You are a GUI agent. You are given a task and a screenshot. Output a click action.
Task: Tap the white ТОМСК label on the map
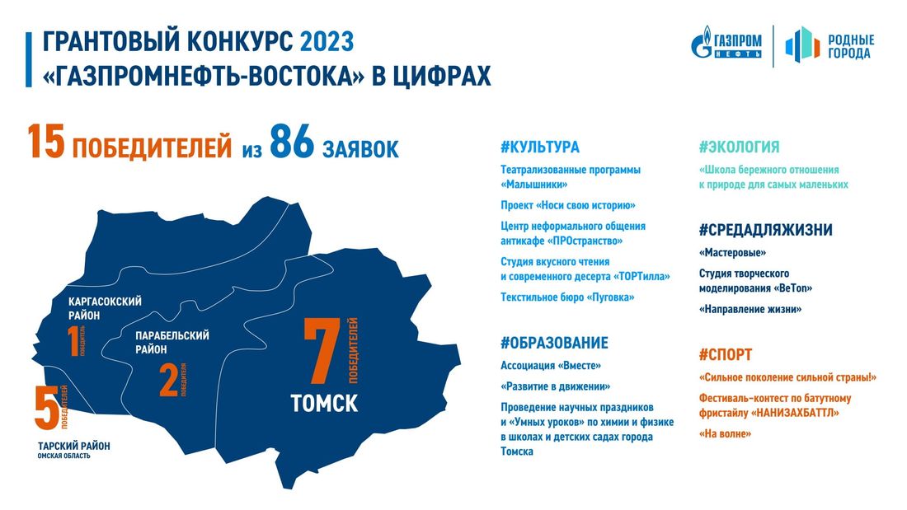click(324, 404)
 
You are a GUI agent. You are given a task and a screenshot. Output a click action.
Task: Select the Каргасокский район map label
click(105, 307)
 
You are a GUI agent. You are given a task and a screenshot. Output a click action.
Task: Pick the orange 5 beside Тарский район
click(45, 409)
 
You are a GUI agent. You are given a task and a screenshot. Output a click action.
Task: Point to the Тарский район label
click(74, 446)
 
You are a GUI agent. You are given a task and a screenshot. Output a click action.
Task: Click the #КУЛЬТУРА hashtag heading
click(539, 147)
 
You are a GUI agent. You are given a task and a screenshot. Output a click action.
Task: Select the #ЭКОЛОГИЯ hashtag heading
click(739, 147)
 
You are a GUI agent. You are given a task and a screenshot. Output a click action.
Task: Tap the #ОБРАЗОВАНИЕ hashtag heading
click(554, 343)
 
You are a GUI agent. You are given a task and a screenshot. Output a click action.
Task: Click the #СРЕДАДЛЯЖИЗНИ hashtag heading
click(765, 230)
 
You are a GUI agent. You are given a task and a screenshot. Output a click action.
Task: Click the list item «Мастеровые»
click(732, 253)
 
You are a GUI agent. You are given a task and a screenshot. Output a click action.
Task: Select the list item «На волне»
click(724, 433)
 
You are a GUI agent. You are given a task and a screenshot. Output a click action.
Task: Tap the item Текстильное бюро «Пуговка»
click(567, 297)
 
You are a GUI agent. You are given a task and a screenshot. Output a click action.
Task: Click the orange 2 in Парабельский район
click(168, 381)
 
